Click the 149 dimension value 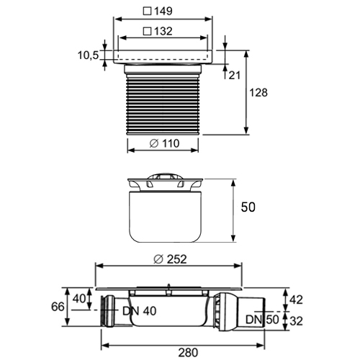[x=163, y=11]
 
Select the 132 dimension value [x=163, y=32]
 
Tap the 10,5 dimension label [x=88, y=55]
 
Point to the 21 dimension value [x=234, y=76]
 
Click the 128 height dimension [x=258, y=93]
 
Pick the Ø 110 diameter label [x=164, y=143]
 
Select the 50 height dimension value [x=248, y=207]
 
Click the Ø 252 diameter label [x=170, y=259]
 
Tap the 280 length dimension [x=188, y=353]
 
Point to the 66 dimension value [x=58, y=307]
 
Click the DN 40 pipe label [x=140, y=311]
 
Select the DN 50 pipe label [x=262, y=320]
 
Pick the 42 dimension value [x=296, y=300]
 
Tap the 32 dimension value [x=296, y=321]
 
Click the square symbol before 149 [x=147, y=11]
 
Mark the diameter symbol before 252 [x=158, y=259]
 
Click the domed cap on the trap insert [x=165, y=176]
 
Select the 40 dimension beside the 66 [x=79, y=299]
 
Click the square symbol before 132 [x=147, y=32]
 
